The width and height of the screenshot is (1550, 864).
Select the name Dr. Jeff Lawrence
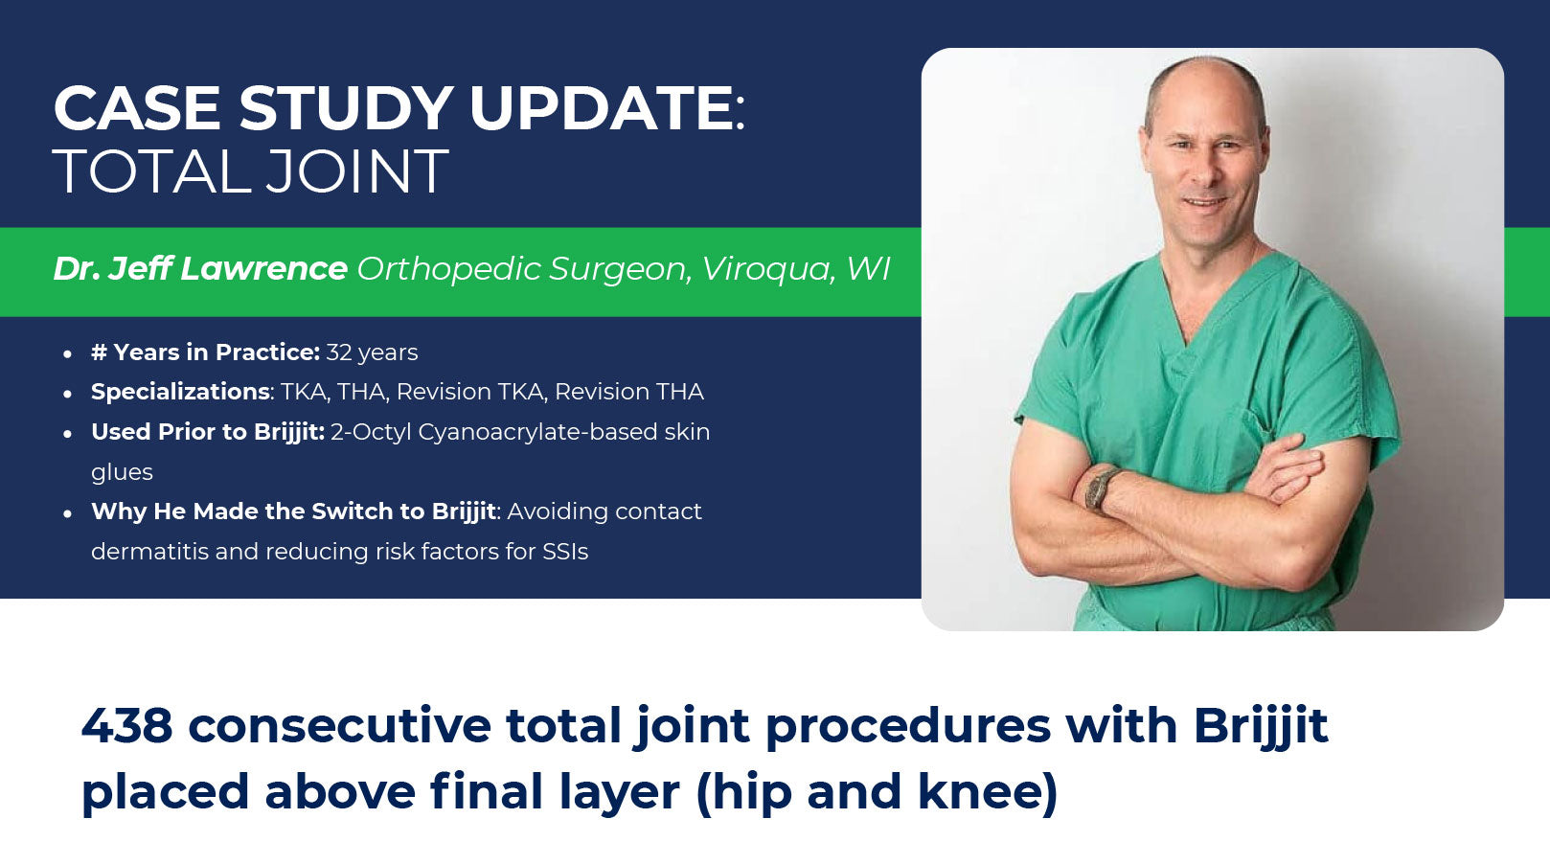(200, 268)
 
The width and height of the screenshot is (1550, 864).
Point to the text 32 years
(372, 352)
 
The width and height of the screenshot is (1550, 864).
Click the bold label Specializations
(181, 392)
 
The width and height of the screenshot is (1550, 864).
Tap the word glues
(122, 472)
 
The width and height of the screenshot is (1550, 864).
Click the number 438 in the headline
(126, 726)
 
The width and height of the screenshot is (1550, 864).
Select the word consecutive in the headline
(340, 726)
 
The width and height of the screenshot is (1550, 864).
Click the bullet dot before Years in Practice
(67, 354)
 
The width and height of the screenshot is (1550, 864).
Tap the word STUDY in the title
(345, 108)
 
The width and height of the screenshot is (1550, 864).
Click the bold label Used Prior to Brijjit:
(208, 432)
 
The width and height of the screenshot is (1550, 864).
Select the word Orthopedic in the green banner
(448, 269)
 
